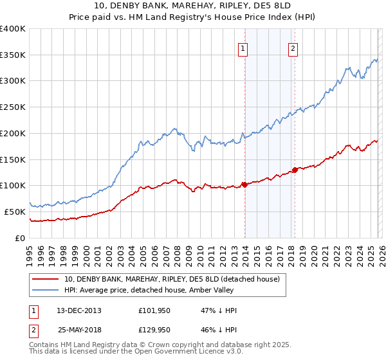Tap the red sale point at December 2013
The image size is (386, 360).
click(244, 184)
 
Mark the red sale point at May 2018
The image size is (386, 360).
click(295, 170)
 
